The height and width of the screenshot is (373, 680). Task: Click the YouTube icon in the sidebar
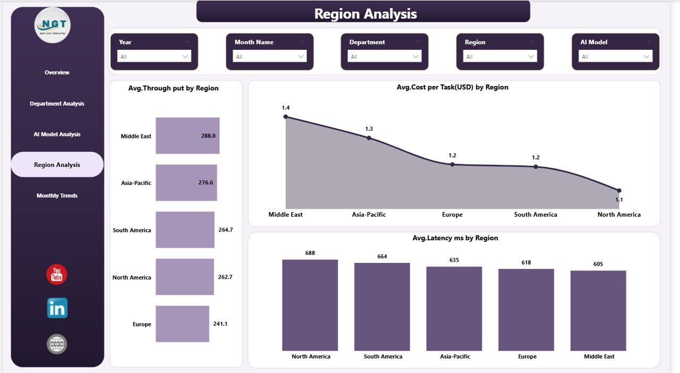point(57,274)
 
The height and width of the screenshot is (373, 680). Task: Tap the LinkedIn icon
point(57,308)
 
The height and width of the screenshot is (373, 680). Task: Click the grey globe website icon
point(57,344)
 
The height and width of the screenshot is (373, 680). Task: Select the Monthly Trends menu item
point(57,196)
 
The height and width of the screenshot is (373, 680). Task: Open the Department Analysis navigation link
point(57,104)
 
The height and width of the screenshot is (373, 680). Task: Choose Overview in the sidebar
point(57,72)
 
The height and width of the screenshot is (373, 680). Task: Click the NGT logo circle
point(52,24)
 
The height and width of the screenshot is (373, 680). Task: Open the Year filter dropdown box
point(154,56)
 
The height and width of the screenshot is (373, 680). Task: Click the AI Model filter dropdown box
point(616,56)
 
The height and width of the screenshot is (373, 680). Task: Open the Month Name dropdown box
point(269,56)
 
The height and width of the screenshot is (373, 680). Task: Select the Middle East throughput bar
point(187,135)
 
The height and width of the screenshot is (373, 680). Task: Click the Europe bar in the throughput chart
point(182,324)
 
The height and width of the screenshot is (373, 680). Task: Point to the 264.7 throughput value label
point(226,230)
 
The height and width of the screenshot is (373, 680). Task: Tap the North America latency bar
point(310,305)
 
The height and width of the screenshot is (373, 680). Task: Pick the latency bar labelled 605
point(598,310)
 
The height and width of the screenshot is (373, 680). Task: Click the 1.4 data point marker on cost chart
point(286,116)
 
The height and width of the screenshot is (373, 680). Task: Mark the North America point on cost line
point(619,190)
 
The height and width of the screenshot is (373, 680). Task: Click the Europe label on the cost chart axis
point(452,215)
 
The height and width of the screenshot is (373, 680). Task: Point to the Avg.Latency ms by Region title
point(455,238)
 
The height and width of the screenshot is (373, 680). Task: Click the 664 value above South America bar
point(382,257)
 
